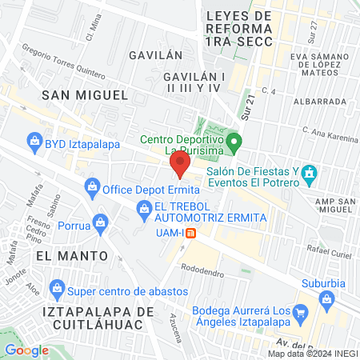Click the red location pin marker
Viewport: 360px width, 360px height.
pyautogui.click(x=180, y=166)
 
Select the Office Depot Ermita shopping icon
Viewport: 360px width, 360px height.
pyautogui.click(x=90, y=190)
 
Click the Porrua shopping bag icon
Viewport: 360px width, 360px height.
pyautogui.click(x=100, y=221)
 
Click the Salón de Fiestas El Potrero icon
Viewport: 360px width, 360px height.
pyautogui.click(x=312, y=174)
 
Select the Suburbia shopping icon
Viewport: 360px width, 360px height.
pyautogui.click(x=325, y=300)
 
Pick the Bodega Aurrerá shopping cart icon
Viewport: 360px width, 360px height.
pyautogui.click(x=301, y=312)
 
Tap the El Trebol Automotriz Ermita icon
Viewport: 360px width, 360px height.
pyautogui.click(x=144, y=210)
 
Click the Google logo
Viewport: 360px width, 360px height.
pyautogui.click(x=26, y=350)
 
